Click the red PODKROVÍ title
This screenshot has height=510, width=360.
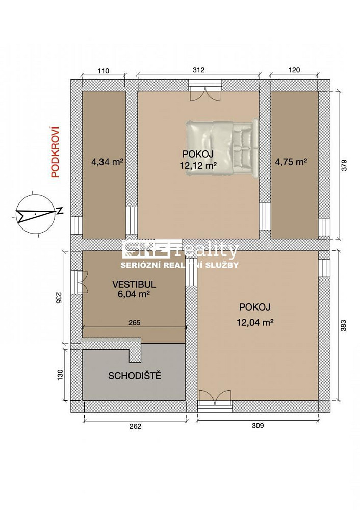pyautogui.click(x=55, y=152)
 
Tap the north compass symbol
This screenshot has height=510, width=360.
pyautogui.click(x=37, y=213)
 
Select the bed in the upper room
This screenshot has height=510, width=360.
pyautogui.click(x=222, y=148)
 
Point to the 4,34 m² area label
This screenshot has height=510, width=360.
pyautogui.click(x=107, y=162)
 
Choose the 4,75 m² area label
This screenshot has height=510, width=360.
pyautogui.click(x=291, y=162)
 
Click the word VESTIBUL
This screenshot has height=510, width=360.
pyautogui.click(x=134, y=284)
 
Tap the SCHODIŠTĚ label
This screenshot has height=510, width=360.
pyautogui.click(x=135, y=376)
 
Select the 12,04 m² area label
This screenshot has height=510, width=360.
pyautogui.click(x=254, y=323)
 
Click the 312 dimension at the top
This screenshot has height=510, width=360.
pyautogui.click(x=198, y=70)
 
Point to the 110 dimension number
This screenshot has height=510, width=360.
pyautogui.click(x=103, y=70)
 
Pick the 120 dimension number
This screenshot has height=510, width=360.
pyautogui.click(x=294, y=70)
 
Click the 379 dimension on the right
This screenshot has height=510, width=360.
pyautogui.click(x=344, y=165)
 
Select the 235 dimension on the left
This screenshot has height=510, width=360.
pyautogui.click(x=59, y=297)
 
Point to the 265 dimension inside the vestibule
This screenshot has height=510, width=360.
pyautogui.click(x=134, y=323)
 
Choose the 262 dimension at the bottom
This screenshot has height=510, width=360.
pyautogui.click(x=135, y=426)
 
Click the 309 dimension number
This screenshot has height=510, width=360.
pyautogui.click(x=258, y=425)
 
